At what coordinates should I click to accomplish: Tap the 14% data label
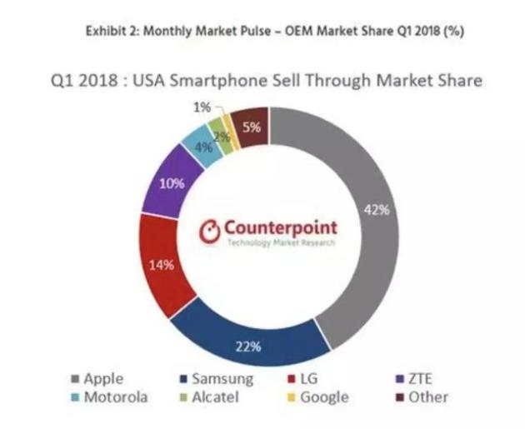tap(161, 266)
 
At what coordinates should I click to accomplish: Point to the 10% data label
tap(172, 184)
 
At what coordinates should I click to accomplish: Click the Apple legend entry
tap(95, 379)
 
